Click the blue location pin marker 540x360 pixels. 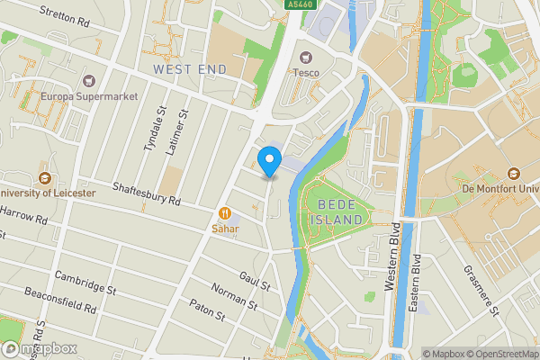coord(268,161)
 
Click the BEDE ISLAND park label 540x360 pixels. coord(337,212)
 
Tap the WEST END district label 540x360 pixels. coord(190,68)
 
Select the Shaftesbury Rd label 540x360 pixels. coord(147,190)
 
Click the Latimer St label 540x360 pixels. coord(176,132)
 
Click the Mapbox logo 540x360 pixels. coord(39,348)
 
